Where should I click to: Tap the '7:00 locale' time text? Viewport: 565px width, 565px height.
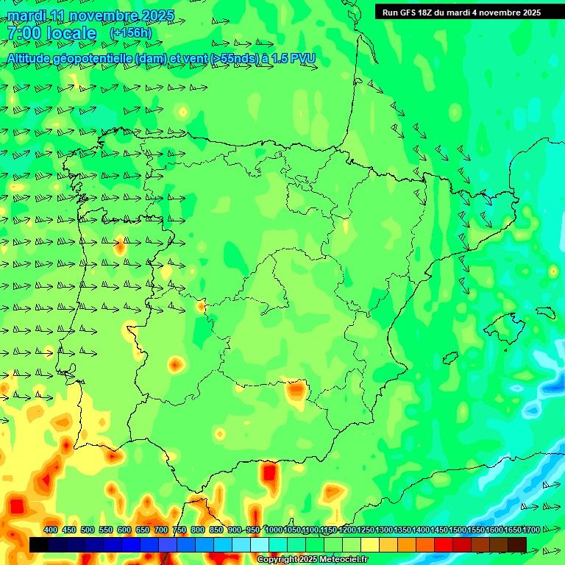(52, 33)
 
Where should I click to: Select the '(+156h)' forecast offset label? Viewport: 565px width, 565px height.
(130, 33)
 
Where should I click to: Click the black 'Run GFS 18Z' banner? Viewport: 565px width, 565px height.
(461, 13)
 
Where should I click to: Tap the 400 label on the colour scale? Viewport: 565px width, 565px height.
(51, 530)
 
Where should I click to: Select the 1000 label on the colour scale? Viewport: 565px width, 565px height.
(273, 530)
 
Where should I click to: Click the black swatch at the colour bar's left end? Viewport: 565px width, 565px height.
(39, 544)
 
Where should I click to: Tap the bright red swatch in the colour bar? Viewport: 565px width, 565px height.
(444, 544)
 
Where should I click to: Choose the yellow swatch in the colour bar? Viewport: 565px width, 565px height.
(370, 544)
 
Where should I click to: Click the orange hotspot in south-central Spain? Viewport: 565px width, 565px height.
(296, 389)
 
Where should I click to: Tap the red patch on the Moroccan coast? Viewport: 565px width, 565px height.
(270, 472)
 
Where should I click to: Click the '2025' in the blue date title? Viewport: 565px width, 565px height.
(157, 15)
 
